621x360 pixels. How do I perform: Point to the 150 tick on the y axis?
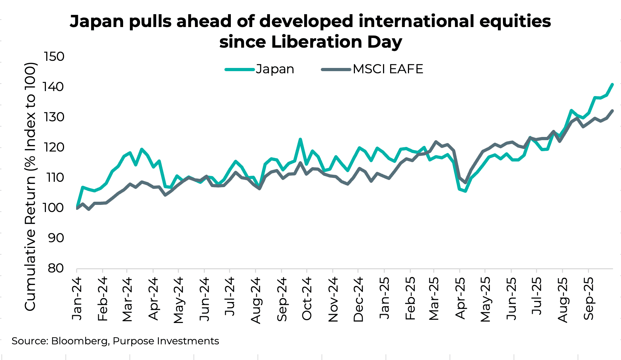click(54, 57)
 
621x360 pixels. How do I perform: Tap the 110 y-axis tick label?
click(54, 178)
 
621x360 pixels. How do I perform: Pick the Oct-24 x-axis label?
click(307, 298)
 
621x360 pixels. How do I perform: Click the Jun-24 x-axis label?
click(205, 298)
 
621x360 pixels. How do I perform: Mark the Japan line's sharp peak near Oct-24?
click(300, 139)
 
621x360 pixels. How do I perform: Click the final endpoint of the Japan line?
click(612, 84)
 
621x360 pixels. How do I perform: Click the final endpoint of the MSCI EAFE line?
click(612, 111)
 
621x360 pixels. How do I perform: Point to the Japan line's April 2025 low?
click(465, 191)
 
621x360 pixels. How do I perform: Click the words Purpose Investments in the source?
click(166, 341)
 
